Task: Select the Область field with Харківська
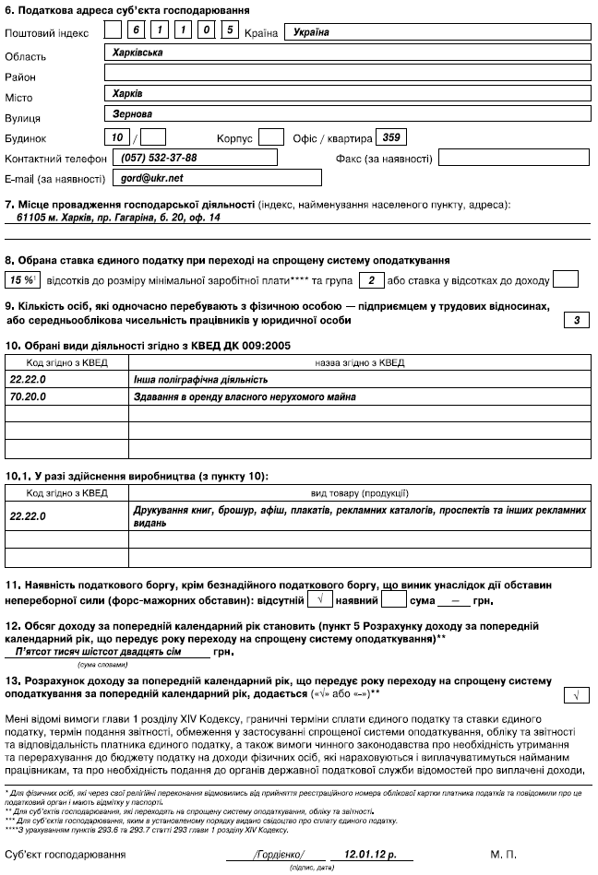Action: (x=346, y=53)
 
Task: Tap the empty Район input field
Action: (x=346, y=74)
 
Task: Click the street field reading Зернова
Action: (x=346, y=115)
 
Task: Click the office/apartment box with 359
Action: (x=390, y=137)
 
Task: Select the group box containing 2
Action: (x=369, y=278)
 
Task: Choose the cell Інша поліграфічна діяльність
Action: (x=361, y=379)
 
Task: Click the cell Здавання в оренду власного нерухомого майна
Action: (x=361, y=396)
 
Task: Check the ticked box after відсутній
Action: (x=319, y=600)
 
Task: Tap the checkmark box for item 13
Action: (x=575, y=695)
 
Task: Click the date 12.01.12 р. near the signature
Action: (x=358, y=856)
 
